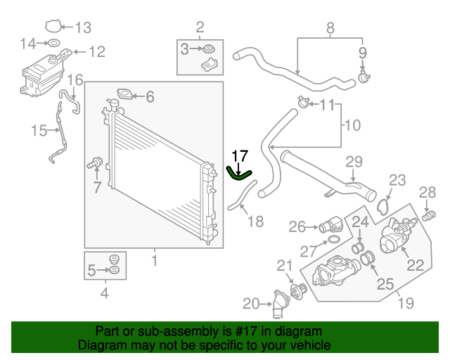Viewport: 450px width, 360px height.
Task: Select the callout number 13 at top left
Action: pyautogui.click(x=83, y=28)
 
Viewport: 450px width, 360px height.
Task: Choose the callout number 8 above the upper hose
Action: pyautogui.click(x=329, y=29)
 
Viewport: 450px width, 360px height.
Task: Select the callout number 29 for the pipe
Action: pyautogui.click(x=353, y=162)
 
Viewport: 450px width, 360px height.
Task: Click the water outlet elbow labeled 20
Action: pyautogui.click(x=281, y=307)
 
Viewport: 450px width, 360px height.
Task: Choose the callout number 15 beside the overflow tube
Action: pyautogui.click(x=39, y=129)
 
